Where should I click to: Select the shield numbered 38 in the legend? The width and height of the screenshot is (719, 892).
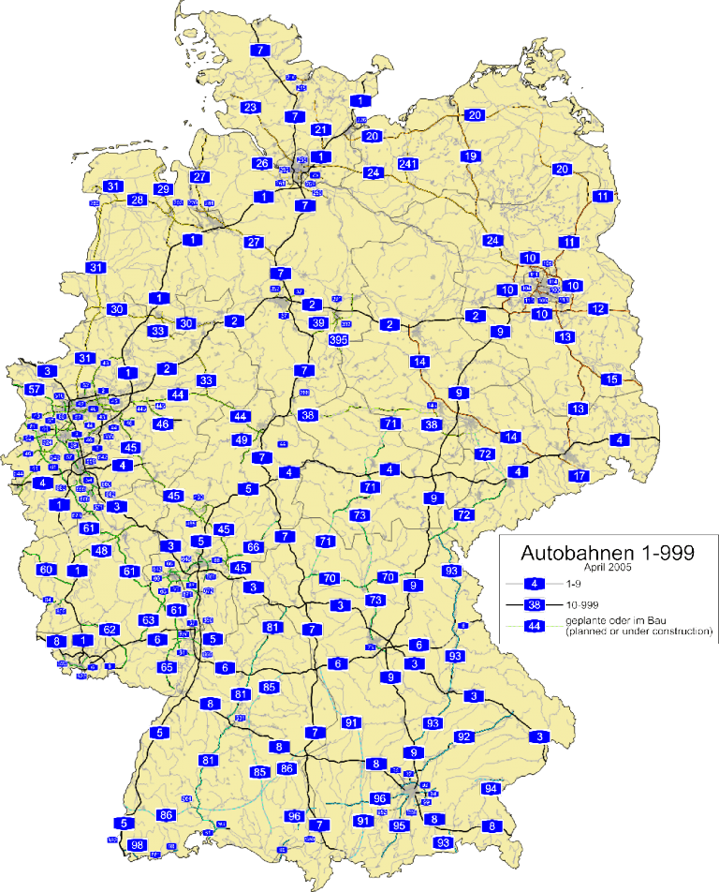536,604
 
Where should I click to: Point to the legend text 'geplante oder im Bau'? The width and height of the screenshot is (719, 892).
609,622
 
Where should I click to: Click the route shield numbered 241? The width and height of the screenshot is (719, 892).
406,165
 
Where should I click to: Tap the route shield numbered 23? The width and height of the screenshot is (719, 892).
250,108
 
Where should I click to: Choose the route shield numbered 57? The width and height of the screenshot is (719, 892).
35,390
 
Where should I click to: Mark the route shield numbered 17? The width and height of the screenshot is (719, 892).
580,476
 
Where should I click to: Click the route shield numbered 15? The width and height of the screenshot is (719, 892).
611,379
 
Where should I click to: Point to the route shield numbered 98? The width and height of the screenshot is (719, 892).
138,845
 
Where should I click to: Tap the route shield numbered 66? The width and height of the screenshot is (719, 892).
253,546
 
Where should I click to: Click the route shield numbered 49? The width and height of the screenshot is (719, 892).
242,440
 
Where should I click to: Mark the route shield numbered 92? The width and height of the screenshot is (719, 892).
463,736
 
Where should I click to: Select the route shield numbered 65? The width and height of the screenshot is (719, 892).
167,667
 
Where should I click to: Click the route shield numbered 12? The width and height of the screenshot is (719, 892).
598,308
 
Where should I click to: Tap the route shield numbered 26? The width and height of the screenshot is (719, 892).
262,164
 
